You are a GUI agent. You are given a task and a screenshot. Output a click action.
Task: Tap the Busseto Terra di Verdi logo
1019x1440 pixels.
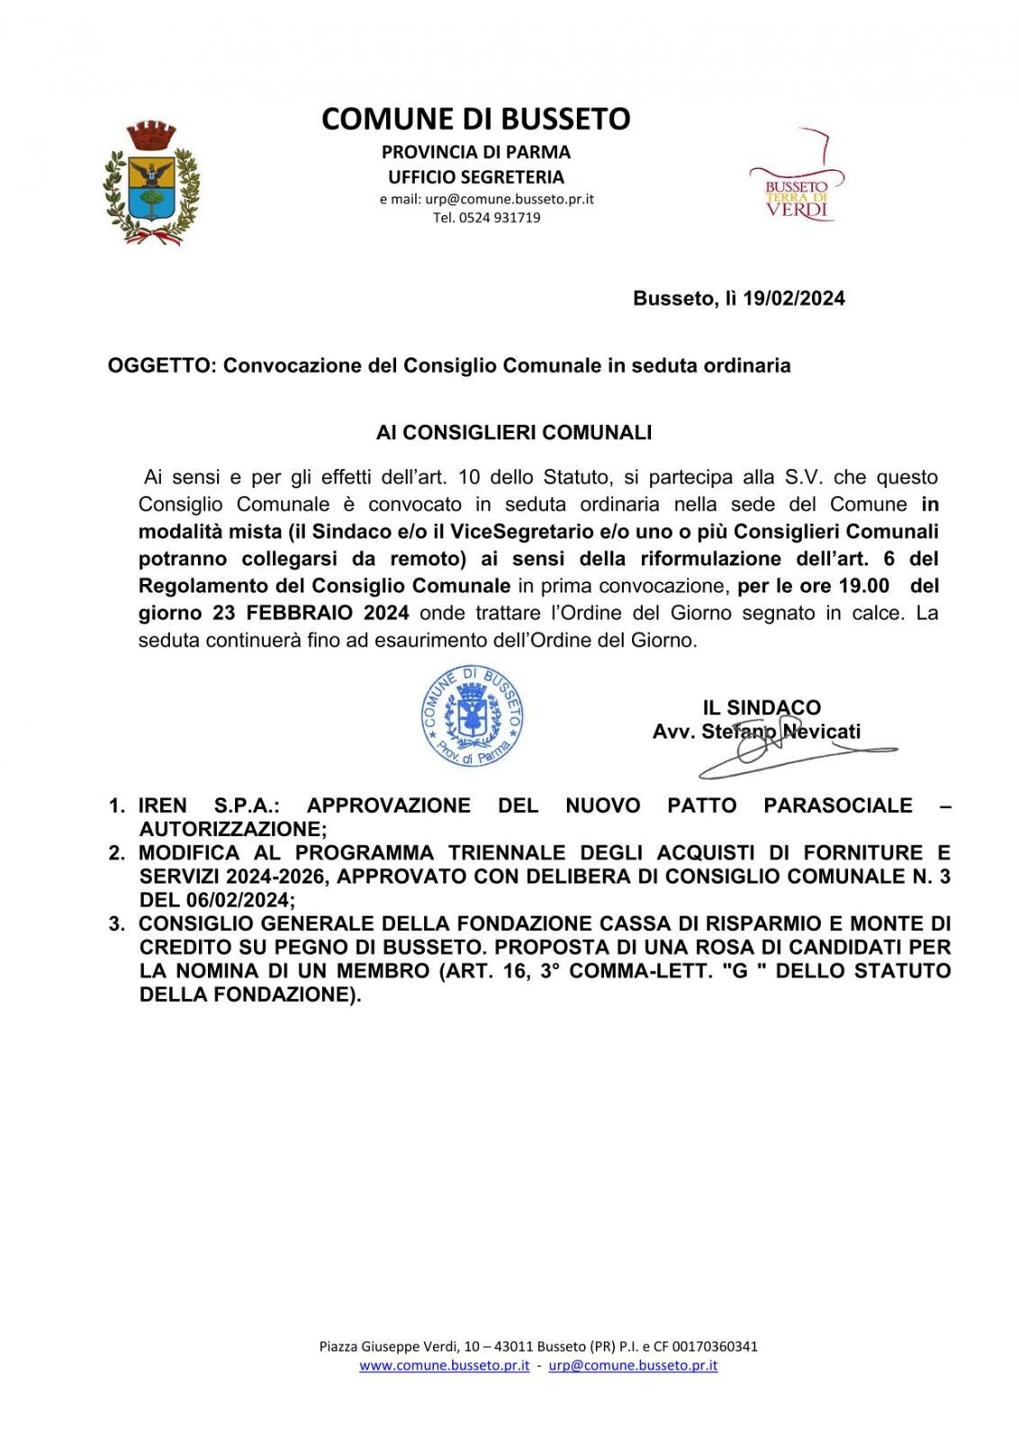pos(796,185)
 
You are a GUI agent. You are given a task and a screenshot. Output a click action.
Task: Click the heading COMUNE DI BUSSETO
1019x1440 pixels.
pos(475,119)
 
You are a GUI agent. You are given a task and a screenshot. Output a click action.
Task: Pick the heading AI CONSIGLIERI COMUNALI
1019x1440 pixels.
pos(513,433)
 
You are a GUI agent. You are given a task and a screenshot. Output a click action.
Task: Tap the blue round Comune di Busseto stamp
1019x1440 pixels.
pos(473,717)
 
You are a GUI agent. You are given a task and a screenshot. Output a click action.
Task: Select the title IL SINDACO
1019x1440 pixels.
pos(762,708)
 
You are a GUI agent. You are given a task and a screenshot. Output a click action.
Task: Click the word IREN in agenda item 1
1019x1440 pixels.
pos(163,805)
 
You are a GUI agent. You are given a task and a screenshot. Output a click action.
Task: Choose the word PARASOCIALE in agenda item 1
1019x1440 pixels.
pos(837,805)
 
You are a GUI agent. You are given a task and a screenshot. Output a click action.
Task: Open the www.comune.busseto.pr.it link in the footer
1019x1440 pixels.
pos(444,1365)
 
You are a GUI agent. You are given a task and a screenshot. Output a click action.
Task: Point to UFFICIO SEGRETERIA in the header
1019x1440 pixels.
pos(475,177)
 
